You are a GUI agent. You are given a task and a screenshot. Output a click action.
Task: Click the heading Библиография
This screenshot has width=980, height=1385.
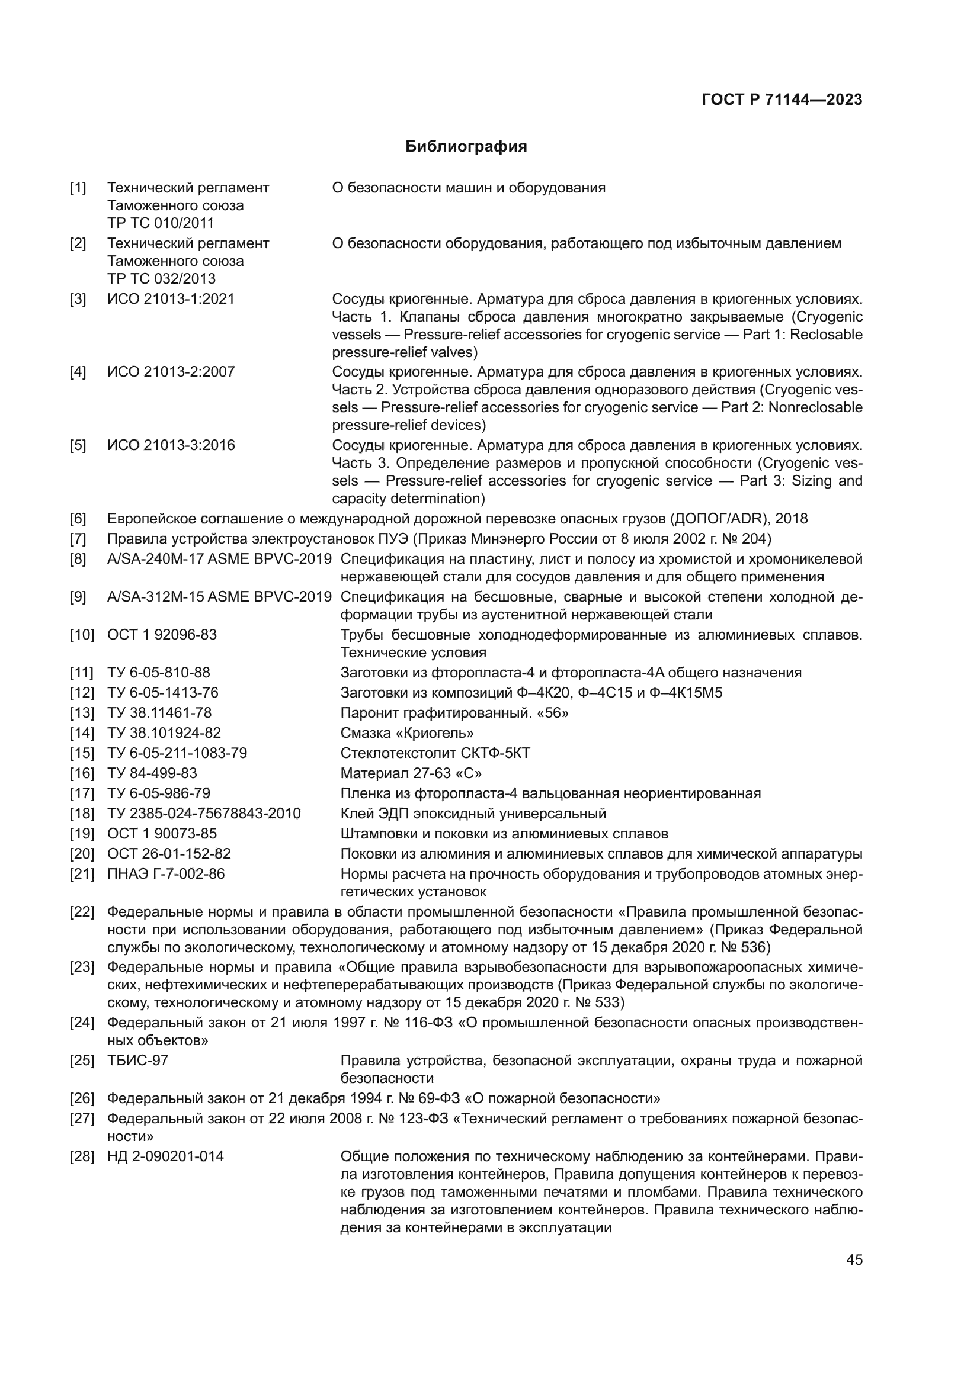tap(466, 147)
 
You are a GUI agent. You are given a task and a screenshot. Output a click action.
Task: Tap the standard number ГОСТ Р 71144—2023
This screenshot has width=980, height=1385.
tap(782, 100)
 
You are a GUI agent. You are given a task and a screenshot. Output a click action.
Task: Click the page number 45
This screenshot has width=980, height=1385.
tap(854, 1259)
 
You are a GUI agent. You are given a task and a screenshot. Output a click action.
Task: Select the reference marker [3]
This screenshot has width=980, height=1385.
tap(78, 299)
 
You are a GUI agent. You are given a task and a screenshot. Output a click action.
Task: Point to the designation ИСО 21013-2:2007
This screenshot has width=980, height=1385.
tap(171, 372)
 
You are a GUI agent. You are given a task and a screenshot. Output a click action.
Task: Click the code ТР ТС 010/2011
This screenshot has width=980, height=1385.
tap(161, 223)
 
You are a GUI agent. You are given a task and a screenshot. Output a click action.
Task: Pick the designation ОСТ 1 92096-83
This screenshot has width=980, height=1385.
tap(162, 635)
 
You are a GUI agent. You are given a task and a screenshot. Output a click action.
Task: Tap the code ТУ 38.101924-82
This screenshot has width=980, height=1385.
tap(164, 733)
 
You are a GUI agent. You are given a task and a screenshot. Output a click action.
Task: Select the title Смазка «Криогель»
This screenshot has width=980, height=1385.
tap(406, 733)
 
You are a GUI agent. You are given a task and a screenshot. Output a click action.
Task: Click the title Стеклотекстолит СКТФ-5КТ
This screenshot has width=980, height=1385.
tap(435, 753)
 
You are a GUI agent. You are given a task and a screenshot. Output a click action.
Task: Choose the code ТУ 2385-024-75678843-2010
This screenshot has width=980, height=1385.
tap(204, 814)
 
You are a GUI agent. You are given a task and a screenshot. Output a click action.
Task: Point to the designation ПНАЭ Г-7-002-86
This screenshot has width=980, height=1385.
tap(166, 873)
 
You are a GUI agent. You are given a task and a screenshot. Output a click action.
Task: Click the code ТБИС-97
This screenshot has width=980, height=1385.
tap(137, 1061)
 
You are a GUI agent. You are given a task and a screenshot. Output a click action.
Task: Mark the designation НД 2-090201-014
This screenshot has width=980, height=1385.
tap(165, 1156)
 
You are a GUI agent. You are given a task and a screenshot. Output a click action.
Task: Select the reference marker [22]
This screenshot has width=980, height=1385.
tap(82, 911)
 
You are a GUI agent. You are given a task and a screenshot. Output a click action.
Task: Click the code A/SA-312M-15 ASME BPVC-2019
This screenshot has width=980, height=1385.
tap(219, 597)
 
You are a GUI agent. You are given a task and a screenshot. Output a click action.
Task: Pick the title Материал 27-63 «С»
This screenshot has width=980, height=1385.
tap(411, 773)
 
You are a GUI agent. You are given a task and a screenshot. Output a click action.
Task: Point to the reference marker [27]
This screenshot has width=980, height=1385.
tap(82, 1119)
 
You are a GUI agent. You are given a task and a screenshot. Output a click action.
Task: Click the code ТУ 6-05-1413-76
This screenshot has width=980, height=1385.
tap(163, 693)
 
